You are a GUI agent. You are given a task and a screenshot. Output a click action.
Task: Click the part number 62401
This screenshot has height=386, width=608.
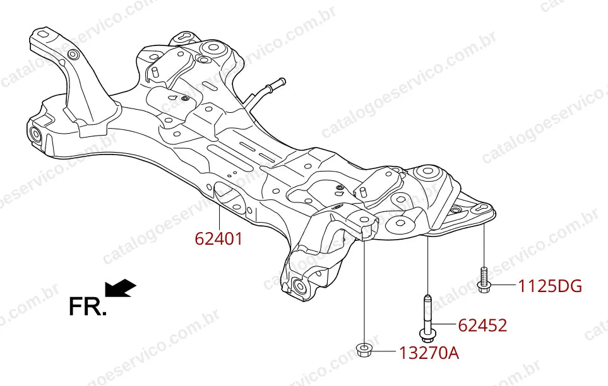[x=218, y=238]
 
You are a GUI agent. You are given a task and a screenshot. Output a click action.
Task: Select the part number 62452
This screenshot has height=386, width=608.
[x=482, y=325]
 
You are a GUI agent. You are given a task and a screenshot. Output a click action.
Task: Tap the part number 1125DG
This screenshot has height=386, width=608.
[x=550, y=286]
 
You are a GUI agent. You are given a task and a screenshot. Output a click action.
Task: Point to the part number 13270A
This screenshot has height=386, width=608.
[x=429, y=353]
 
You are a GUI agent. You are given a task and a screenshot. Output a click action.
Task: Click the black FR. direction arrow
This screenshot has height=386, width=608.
[x=120, y=288]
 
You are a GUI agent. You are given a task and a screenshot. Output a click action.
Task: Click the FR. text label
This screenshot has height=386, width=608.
[x=87, y=306]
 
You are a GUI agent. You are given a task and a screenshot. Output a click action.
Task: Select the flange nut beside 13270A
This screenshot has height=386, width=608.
[x=363, y=350]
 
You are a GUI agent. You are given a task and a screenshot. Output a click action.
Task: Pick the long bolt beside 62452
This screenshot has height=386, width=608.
[x=427, y=319]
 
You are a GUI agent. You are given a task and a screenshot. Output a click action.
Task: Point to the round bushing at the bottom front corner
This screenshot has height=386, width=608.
[x=300, y=287]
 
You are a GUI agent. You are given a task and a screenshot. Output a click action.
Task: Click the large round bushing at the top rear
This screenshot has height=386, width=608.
[x=213, y=48]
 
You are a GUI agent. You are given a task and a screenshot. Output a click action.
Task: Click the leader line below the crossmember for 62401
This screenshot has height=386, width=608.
[x=219, y=218]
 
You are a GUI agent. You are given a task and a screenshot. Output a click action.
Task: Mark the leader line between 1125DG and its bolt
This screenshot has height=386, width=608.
[x=503, y=286]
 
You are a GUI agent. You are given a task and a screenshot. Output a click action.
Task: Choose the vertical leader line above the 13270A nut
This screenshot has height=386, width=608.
[x=364, y=291]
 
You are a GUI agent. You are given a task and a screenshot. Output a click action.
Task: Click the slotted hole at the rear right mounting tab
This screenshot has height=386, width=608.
[x=480, y=209]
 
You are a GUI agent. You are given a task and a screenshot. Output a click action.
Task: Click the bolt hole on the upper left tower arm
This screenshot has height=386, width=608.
[x=73, y=55]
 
